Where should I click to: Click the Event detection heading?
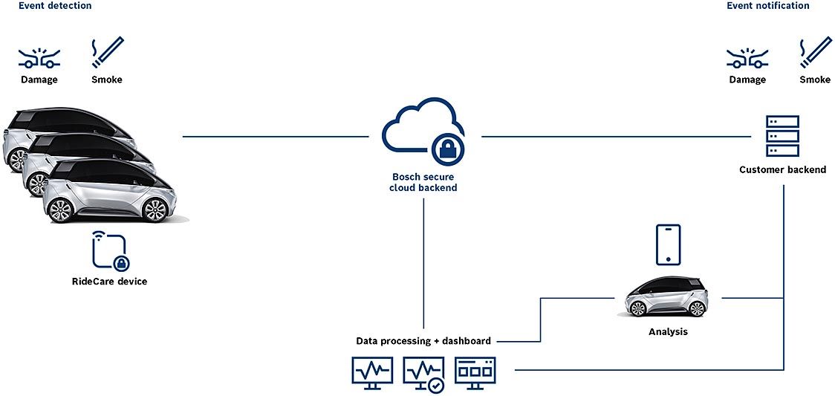coord(55,6)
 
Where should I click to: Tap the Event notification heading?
coord(767,6)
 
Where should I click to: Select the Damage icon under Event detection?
coord(39,56)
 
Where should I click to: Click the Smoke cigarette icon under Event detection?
coord(107,53)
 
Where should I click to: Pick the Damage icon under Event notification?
coord(747,56)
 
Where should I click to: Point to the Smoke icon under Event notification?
coord(815,53)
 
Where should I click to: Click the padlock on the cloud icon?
coord(448,149)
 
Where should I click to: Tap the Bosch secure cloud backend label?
coord(423,182)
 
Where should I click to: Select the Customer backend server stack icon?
coord(782,136)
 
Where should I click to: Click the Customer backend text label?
coord(782,170)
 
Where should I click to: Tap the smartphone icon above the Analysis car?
coord(668,244)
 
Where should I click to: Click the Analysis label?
coord(668,332)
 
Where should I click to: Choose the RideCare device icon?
coord(109,251)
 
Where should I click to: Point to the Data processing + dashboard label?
coord(423,341)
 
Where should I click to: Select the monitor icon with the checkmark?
coord(424,373)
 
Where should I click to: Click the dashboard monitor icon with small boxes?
coord(475,370)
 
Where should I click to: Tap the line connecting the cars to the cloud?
coord(275,136)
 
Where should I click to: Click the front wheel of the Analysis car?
coord(637,308)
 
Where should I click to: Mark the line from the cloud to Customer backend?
coord(617,136)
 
